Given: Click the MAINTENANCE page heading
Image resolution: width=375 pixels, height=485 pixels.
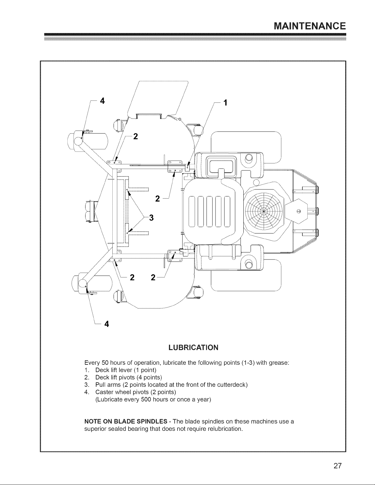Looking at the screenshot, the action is [309, 26].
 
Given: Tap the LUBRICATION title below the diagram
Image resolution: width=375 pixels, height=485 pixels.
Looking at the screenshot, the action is [193, 348].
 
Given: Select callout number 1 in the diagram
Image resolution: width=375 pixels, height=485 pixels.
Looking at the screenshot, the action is [225, 103].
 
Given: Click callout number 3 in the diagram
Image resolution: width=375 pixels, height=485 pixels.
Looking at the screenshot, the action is [151, 218].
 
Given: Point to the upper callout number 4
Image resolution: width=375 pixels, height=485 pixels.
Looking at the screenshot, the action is [102, 101].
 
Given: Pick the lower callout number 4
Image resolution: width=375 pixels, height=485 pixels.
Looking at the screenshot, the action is [107, 324].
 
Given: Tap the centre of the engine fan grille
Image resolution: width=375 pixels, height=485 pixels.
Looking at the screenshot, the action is [264, 211].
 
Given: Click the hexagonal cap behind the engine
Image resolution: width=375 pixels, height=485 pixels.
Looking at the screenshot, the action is [296, 211].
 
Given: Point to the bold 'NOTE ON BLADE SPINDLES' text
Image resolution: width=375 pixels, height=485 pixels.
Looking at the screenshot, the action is [126, 421].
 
